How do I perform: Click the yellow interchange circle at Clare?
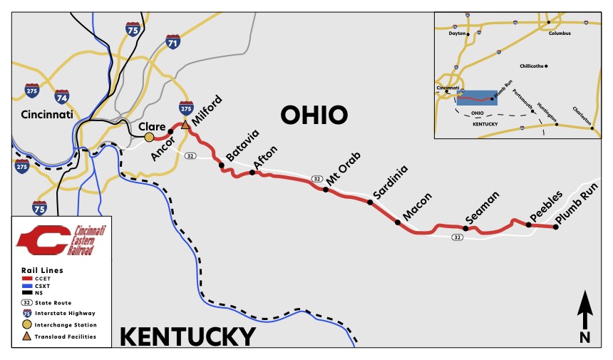(x=149, y=136)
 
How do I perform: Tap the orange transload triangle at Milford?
(x=185, y=125)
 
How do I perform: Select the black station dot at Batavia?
(x=222, y=165)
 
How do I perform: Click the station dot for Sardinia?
(x=370, y=202)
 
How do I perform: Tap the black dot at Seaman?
(x=465, y=229)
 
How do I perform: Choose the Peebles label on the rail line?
(x=546, y=207)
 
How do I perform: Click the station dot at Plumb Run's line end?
(x=556, y=227)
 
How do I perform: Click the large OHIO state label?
(x=314, y=114)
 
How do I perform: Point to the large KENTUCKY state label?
(x=187, y=336)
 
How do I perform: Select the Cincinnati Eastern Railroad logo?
(x=61, y=240)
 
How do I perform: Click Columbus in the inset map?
(x=560, y=33)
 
